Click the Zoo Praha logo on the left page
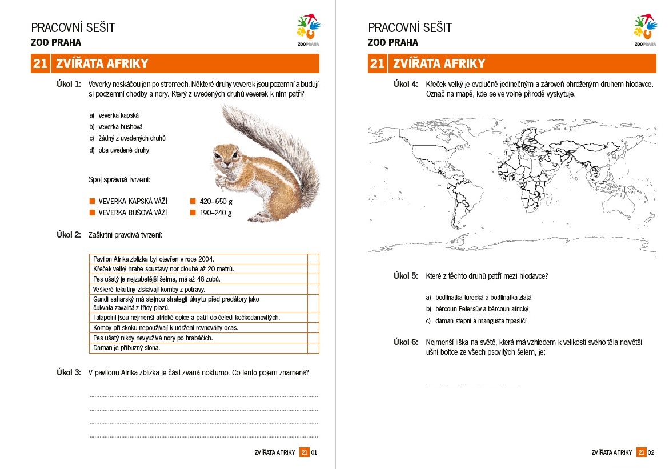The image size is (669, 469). point(309,31)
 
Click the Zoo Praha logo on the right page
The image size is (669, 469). point(646,31)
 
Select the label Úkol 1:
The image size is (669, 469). point(69,84)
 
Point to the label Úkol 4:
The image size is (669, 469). point(406,84)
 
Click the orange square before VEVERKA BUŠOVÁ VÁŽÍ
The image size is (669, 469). point(91,213)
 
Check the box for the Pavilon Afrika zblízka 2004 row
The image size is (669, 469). point(313,259)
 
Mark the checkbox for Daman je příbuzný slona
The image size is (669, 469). point(313,347)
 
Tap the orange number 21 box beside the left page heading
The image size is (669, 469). point(40,63)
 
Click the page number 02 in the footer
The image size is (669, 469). point(651,452)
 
